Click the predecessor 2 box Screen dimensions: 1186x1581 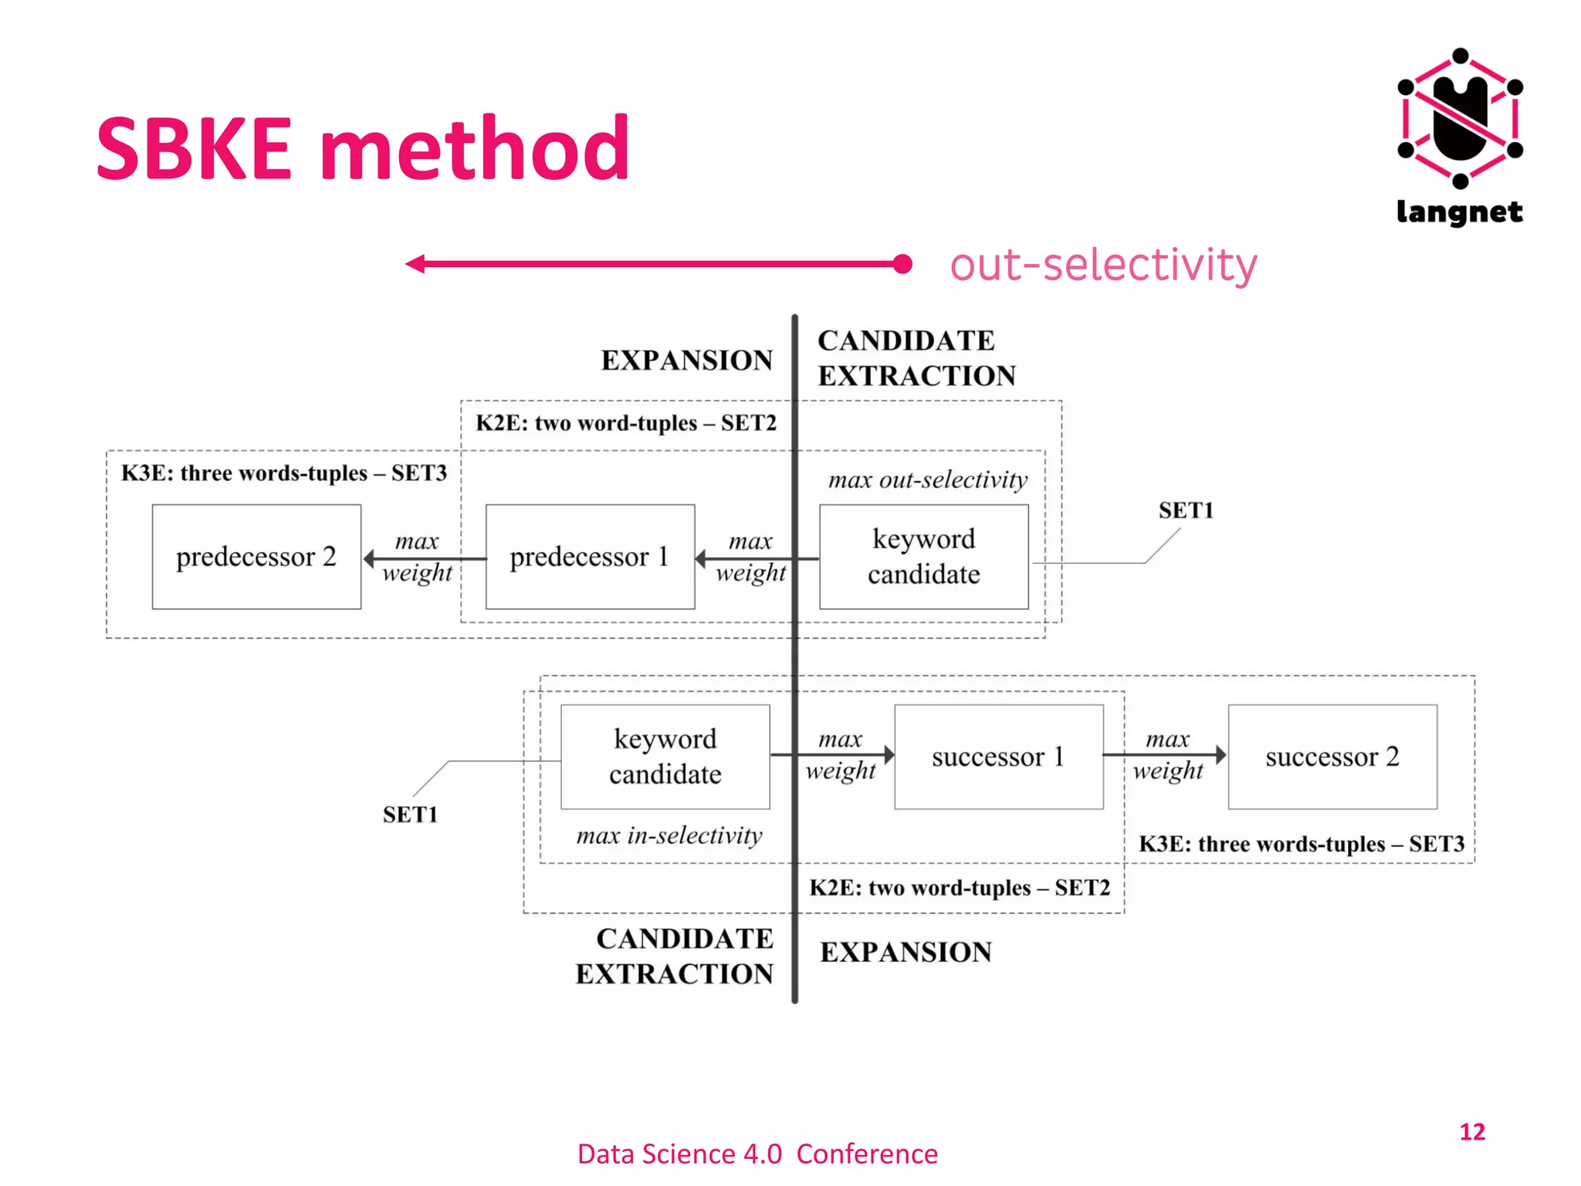256,557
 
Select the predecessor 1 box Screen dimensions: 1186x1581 590,557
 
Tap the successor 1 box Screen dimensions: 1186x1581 998,757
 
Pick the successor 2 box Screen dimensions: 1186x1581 1332,757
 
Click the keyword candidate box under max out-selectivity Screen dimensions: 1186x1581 923,557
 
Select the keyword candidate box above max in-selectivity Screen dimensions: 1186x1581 665,757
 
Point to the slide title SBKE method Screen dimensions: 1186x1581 363,148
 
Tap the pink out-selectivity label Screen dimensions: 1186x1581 1103,265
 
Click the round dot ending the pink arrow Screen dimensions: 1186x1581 902,264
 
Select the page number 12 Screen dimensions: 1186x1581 1472,1132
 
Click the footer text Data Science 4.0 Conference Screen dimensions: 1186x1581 757,1154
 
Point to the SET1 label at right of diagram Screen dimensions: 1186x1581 1186,510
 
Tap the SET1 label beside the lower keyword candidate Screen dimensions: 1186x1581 410,815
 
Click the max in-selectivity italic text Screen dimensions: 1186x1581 669,835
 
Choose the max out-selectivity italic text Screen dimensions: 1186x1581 927,480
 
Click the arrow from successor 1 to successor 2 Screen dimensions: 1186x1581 1165,754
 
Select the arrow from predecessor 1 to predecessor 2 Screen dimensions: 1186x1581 425,558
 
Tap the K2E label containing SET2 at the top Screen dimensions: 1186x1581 625,423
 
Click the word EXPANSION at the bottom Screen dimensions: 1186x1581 906,952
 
